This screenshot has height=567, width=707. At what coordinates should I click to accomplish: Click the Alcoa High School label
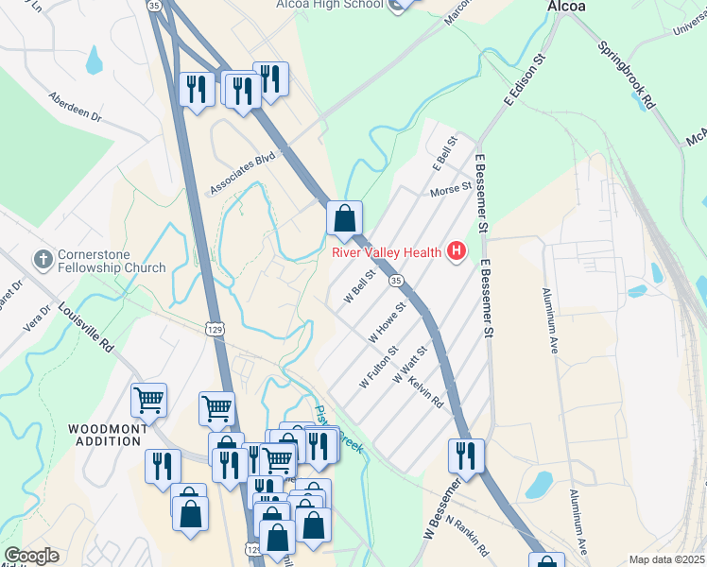[x=330, y=5]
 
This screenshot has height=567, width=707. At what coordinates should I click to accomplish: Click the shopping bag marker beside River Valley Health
[x=345, y=218]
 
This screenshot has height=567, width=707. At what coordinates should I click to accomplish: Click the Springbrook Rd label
[x=627, y=73]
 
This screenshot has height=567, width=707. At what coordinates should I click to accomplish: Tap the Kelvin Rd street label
[x=426, y=388]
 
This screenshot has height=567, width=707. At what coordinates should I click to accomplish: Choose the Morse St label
[x=451, y=190]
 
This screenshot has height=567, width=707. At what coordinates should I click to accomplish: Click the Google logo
[x=31, y=556]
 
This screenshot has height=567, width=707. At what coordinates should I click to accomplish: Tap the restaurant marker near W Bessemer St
[x=466, y=455]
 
